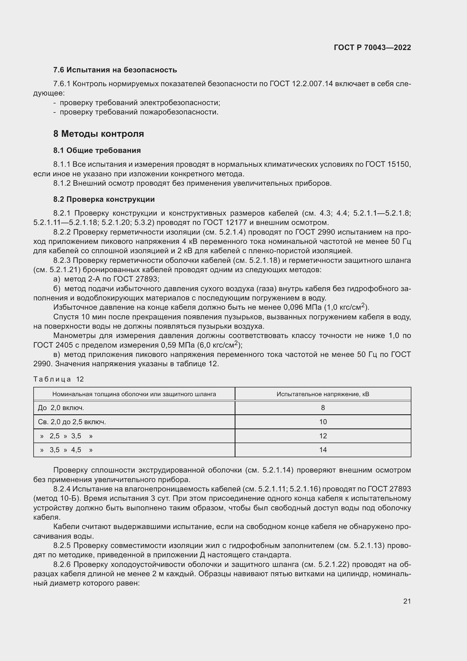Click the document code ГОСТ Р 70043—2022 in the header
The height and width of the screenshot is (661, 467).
(x=372, y=48)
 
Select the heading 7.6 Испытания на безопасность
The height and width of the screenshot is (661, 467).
(x=115, y=70)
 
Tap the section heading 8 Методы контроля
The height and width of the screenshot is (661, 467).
(x=99, y=134)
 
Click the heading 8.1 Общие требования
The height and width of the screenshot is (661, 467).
(x=97, y=150)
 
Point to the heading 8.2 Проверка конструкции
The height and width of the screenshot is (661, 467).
(x=104, y=199)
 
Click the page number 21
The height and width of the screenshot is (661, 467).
(x=407, y=601)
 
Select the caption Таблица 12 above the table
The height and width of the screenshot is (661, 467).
(x=58, y=379)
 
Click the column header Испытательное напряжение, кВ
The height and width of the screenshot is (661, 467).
(x=323, y=394)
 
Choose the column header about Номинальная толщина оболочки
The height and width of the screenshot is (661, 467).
(x=134, y=394)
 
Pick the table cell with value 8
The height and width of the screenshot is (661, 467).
(x=323, y=408)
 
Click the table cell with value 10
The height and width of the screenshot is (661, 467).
(x=323, y=422)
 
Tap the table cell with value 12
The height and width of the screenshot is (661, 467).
(x=323, y=436)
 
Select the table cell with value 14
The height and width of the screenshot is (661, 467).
(x=323, y=450)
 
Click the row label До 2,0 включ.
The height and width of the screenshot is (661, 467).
(x=61, y=408)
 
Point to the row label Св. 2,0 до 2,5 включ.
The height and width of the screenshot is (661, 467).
(x=72, y=422)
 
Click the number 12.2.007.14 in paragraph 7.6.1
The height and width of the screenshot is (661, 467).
(x=313, y=84)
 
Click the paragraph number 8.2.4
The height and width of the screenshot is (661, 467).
(x=62, y=489)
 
